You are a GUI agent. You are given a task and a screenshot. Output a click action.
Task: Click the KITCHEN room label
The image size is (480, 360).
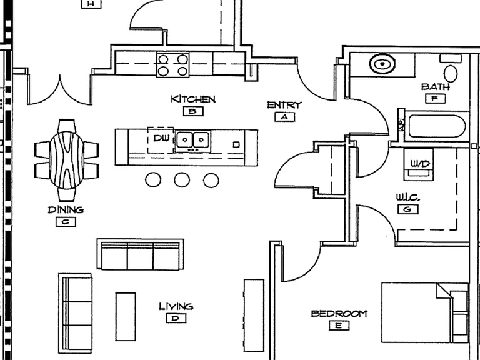pyautogui.click(x=193, y=99)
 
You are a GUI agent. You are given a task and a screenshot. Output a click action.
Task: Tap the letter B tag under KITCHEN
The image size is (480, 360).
pyautogui.click(x=193, y=111)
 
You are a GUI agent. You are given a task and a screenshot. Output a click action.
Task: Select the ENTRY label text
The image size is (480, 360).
pyautogui.click(x=284, y=105)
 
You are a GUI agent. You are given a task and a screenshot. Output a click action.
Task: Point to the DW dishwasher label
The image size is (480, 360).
pyautogui.click(x=161, y=138)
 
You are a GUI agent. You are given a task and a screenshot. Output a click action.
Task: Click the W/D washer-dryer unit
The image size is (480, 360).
pyautogui.click(x=419, y=164)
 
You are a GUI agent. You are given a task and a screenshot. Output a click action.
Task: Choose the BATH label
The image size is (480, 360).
pyautogui.click(x=435, y=87)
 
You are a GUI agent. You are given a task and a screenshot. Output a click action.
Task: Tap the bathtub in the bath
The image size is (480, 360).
pyautogui.click(x=437, y=126)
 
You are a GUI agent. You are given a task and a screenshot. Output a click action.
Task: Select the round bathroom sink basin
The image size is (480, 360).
pyautogui.click(x=382, y=64)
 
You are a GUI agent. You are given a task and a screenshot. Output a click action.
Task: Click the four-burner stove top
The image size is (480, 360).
pyautogui.click(x=173, y=64)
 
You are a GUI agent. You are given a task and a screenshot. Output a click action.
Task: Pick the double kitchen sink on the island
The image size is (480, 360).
pyautogui.click(x=193, y=141)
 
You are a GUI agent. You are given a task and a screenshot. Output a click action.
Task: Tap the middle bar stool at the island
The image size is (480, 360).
pyautogui.click(x=182, y=180)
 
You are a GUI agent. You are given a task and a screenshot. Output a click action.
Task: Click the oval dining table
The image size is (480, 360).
pyautogui.click(x=67, y=160)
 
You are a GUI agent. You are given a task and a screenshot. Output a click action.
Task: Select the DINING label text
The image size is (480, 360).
pyautogui.click(x=66, y=210)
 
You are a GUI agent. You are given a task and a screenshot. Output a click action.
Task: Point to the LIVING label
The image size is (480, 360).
pyautogui.click(x=176, y=306)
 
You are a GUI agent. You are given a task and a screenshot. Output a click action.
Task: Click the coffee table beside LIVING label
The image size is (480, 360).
pyautogui.click(x=126, y=316)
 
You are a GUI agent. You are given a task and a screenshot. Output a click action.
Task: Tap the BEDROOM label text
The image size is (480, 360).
pyautogui.click(x=339, y=314)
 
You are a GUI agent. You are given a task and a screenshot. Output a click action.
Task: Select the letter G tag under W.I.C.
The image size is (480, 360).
pyautogui.click(x=408, y=209)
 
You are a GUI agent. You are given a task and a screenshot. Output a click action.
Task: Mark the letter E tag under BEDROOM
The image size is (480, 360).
pyautogui.click(x=339, y=326)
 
